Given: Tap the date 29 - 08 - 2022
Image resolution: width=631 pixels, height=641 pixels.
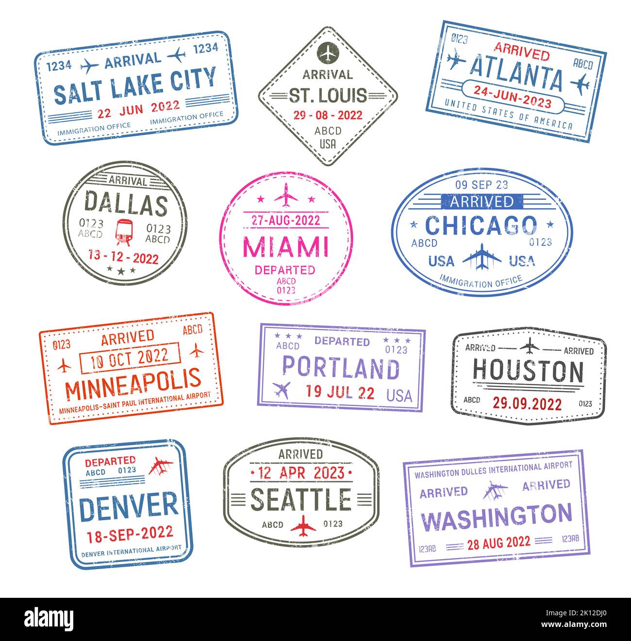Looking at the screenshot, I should pos(328,115).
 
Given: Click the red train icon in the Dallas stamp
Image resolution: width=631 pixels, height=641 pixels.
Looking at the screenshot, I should pos(124,231).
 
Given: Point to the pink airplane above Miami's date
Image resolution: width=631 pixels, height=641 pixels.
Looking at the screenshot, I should pos(286,195).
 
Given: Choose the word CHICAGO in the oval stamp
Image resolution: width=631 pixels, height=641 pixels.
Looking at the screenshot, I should pos(481,225).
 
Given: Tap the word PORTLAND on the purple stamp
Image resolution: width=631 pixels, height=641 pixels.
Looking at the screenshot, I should pos(341,368).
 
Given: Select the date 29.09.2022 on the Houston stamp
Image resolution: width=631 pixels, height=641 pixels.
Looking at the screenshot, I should pos(527,403).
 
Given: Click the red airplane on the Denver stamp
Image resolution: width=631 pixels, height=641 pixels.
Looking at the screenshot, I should pos(161,466).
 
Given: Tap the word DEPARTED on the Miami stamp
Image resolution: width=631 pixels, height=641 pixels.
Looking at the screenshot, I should pos(285,270).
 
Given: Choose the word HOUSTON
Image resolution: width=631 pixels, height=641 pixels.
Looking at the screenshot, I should pos(528,372).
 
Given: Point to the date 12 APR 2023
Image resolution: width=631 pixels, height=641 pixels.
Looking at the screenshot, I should pos(301,472).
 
